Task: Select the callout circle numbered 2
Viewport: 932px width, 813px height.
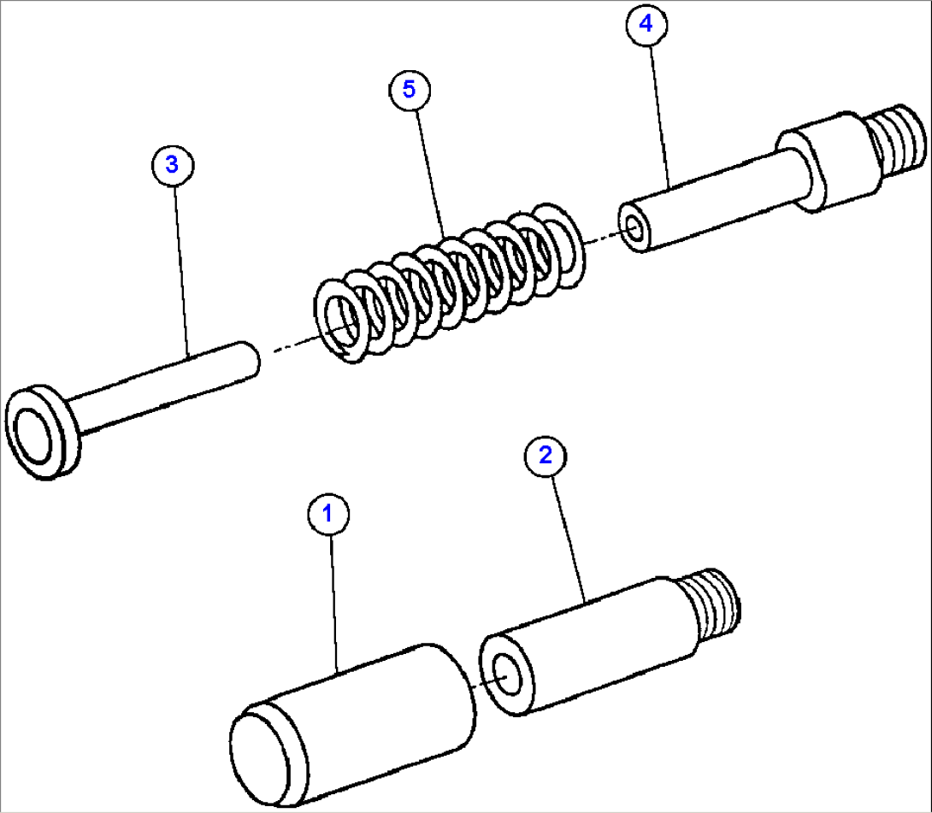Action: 545,456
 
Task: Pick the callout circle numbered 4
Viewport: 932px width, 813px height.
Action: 646,25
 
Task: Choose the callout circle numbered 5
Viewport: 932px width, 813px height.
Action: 410,90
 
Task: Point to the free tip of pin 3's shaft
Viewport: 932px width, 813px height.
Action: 251,357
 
